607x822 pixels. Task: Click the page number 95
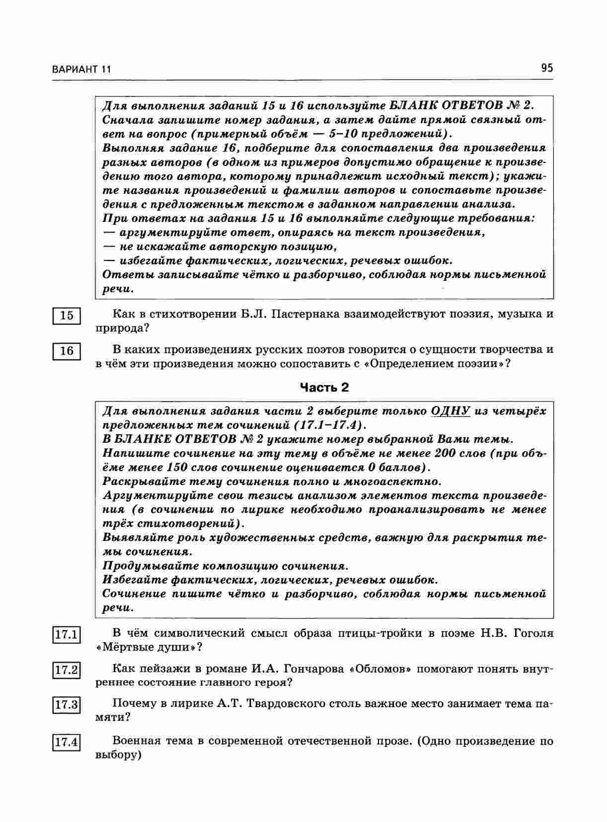547,68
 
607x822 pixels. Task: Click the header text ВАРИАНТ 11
81,69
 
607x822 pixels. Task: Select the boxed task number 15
67,316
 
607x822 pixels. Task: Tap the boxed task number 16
67,351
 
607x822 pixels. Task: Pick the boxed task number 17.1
67,635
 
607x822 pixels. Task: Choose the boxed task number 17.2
67,670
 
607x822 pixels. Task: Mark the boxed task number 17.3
67,705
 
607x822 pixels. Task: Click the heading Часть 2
324,388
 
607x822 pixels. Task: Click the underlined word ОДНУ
451,411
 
